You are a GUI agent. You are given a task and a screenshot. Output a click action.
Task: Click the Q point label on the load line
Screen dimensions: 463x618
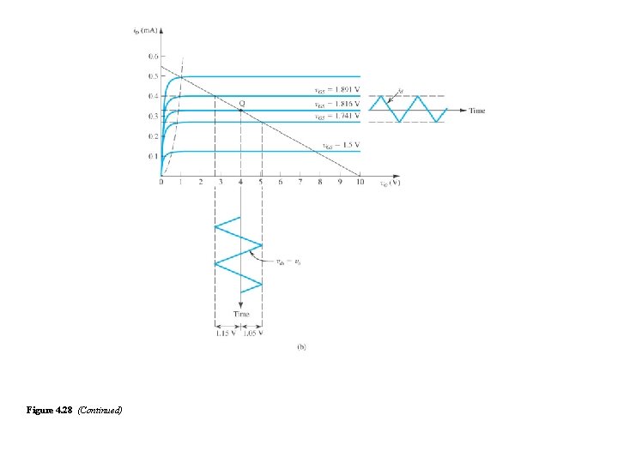(x=242, y=103)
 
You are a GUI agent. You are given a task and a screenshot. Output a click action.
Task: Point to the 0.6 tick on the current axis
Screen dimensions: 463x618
(x=153, y=56)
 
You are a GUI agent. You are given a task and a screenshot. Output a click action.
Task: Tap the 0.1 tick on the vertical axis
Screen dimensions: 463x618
(x=153, y=156)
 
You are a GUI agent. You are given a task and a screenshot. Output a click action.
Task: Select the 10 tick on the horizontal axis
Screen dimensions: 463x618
(x=360, y=183)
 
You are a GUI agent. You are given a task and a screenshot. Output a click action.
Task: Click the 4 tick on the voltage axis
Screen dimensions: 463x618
(x=241, y=183)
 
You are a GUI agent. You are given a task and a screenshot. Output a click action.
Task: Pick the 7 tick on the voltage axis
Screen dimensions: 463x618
(x=300, y=183)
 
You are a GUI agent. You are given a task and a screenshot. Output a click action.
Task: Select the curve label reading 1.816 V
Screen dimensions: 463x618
(x=336, y=104)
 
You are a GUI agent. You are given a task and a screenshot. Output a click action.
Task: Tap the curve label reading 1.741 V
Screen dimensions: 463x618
(x=336, y=116)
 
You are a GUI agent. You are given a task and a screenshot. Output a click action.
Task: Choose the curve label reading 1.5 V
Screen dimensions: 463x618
(x=341, y=145)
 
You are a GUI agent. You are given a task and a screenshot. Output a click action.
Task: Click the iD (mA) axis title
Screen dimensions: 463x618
(x=145, y=31)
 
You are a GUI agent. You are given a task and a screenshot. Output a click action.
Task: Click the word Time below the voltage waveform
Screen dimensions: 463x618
(x=241, y=315)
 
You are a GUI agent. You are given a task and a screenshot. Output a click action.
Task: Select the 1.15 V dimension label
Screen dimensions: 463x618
(x=226, y=334)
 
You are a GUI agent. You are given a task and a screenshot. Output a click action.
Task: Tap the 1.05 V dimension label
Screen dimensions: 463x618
(x=252, y=334)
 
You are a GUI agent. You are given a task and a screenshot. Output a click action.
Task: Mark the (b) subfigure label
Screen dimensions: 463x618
(x=301, y=347)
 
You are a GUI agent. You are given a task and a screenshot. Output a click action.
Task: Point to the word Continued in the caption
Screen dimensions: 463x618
(x=100, y=411)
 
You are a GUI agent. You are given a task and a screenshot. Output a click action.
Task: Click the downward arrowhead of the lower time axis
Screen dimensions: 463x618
(x=241, y=304)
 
